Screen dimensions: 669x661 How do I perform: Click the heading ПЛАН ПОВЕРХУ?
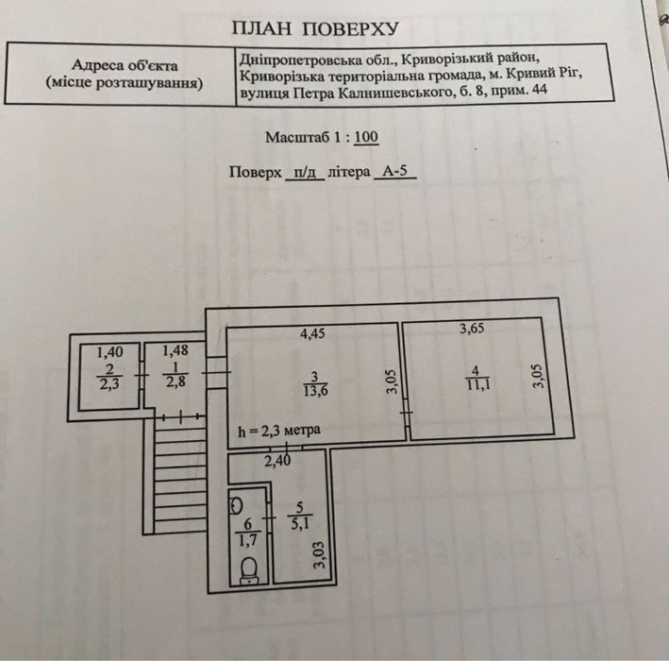click(315, 28)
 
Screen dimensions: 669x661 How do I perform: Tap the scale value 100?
click(366, 137)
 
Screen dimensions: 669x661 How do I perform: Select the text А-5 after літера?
click(395, 171)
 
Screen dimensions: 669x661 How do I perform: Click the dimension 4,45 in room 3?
click(312, 333)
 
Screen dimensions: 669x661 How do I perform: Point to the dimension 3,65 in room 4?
click(472, 329)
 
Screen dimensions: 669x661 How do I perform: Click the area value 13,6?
click(316, 390)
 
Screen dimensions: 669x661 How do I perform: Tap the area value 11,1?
click(478, 384)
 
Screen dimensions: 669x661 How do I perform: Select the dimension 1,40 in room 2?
click(109, 352)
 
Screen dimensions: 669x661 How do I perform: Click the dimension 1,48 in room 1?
click(176, 350)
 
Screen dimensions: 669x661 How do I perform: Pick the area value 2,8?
click(176, 381)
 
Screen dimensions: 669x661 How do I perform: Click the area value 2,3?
click(109, 384)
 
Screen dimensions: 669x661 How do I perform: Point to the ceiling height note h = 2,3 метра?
click(279, 431)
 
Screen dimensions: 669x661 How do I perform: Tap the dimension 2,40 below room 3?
click(277, 461)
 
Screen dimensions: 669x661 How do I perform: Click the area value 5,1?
click(300, 523)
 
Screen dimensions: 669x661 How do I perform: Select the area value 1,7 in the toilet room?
click(247, 540)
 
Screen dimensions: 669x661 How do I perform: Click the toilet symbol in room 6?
click(249, 570)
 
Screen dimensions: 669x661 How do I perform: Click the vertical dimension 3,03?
click(319, 555)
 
